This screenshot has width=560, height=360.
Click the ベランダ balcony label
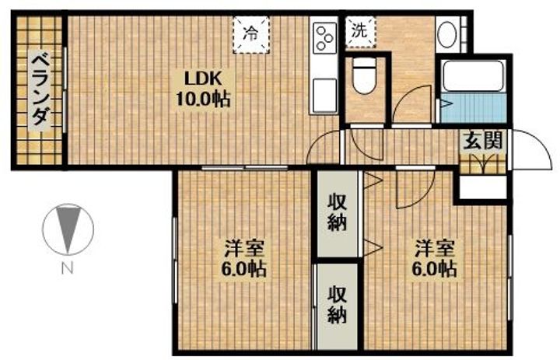tap(40, 89)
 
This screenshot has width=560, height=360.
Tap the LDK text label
tap(203, 79)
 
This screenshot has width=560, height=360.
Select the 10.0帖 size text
tap(203, 99)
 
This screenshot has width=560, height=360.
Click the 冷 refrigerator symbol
tap(251, 35)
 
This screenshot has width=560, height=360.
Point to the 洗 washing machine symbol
tap(360, 32)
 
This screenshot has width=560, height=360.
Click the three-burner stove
tap(325, 37)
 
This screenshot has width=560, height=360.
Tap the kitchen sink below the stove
tap(324, 96)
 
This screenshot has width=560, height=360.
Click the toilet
tap(364, 75)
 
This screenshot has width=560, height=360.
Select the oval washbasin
tap(447, 35)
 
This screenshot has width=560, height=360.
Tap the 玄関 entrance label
tap(482, 141)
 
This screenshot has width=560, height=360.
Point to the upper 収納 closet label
tap(338, 214)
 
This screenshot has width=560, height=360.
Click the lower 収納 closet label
tap(338, 305)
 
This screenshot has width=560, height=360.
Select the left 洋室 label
tap(245, 249)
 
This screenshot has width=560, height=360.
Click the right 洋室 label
tap(435, 249)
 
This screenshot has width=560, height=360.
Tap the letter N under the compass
tap(67, 267)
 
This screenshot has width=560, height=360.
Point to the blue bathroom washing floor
tap(473, 107)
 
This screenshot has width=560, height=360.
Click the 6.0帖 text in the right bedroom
tap(434, 269)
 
